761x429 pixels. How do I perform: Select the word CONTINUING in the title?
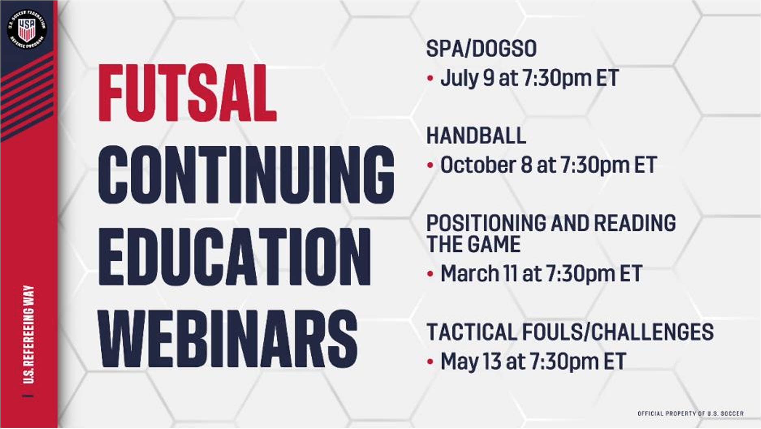[246, 175]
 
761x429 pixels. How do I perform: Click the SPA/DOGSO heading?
[481, 49]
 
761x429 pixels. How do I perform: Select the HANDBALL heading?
[476, 136]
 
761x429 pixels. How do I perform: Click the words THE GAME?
[473, 244]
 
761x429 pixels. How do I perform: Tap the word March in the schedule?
[469, 273]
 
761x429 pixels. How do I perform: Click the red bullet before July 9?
[430, 79]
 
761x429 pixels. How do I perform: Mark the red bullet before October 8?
[430, 166]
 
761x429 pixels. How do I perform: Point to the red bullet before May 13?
[430, 362]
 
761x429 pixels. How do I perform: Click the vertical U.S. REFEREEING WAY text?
[29, 334]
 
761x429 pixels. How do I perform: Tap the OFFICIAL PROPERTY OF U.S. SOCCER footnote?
[690, 414]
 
